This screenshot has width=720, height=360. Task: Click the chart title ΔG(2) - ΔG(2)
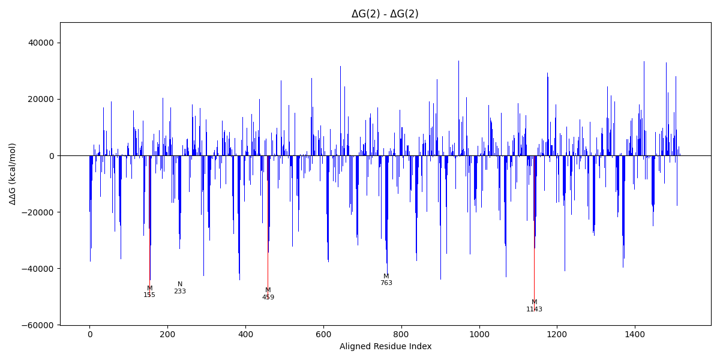click(385, 14)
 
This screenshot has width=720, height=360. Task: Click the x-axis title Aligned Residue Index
click(385, 347)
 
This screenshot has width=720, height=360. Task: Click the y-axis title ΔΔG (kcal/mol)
click(13, 173)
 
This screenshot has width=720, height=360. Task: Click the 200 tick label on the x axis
click(167, 334)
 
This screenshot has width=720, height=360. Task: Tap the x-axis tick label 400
click(245, 334)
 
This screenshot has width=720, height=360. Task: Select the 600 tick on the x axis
click(323, 334)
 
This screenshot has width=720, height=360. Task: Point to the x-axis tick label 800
click(401, 334)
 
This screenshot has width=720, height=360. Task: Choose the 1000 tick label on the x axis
click(479, 334)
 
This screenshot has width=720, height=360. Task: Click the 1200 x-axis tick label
click(557, 334)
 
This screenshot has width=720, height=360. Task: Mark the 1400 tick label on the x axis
click(635, 334)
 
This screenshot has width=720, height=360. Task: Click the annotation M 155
click(149, 292)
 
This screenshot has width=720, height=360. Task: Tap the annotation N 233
click(180, 288)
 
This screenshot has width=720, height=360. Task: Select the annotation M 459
click(268, 294)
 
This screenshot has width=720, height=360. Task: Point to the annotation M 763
click(386, 280)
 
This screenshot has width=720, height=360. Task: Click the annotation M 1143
click(534, 306)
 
